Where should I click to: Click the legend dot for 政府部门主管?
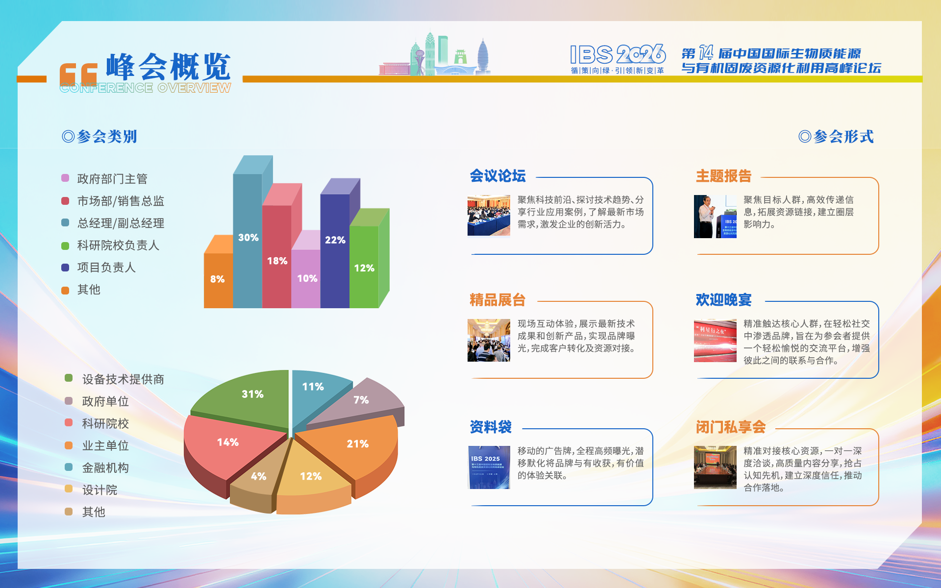[x=65, y=178]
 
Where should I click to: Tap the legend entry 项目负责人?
[x=106, y=268]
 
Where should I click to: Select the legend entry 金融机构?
[x=105, y=468]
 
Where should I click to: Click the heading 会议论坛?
[x=497, y=176]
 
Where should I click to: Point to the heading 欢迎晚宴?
[x=723, y=300]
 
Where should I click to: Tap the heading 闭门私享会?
[x=730, y=427]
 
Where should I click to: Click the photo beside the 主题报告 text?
[x=715, y=217]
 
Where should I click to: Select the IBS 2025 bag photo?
[x=489, y=467]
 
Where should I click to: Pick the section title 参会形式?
[x=836, y=137]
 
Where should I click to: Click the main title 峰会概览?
[x=168, y=67]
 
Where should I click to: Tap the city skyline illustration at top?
[x=435, y=56]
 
